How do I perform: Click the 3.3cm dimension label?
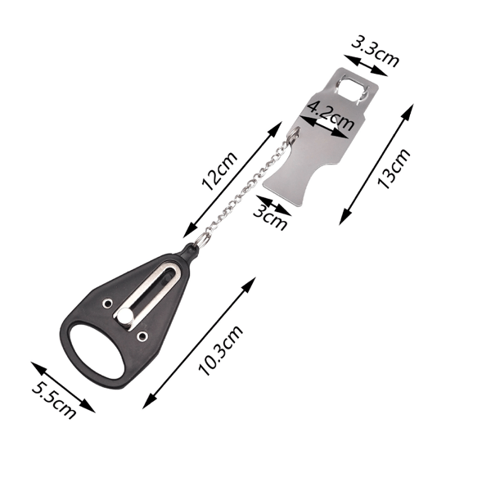point(375,51)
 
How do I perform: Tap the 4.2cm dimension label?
point(331,115)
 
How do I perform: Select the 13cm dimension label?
point(394,169)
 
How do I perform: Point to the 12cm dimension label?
point(219,171)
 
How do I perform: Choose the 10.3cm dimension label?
point(220,350)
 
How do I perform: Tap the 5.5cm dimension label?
point(54,400)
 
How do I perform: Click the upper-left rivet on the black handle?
point(108,303)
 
